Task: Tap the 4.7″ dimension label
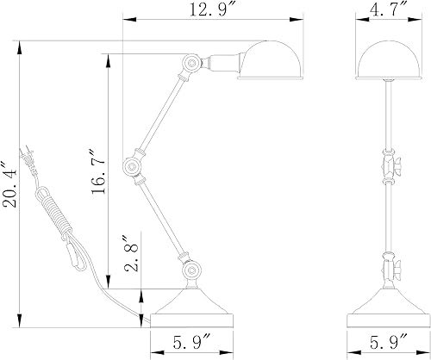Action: (x=388, y=10)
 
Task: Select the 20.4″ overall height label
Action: (x=9, y=184)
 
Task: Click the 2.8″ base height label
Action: (x=131, y=254)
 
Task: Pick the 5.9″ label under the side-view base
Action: (x=192, y=342)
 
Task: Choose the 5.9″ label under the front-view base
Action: (x=389, y=342)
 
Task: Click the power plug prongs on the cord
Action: (x=27, y=157)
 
